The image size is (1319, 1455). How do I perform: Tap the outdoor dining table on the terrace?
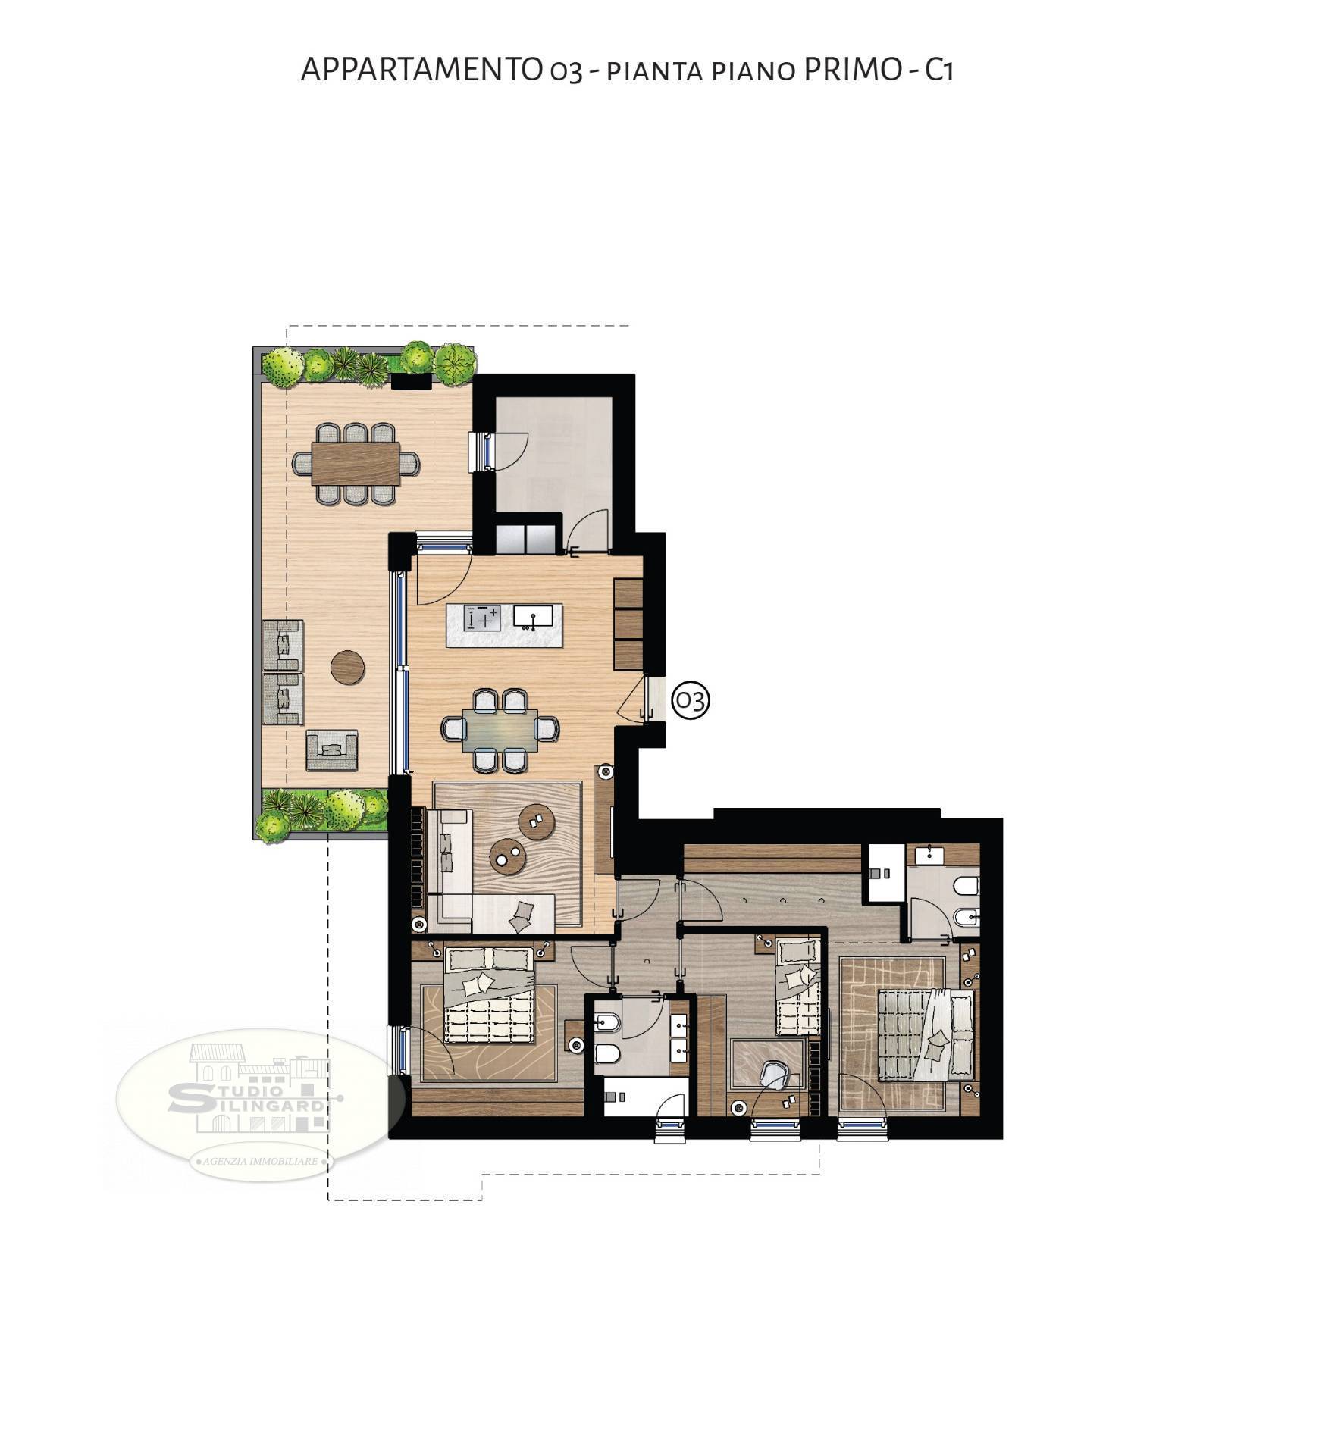[x=356, y=463]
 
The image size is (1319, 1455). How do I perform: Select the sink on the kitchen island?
[x=534, y=616]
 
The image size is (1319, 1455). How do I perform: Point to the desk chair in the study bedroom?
[x=772, y=1074]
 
